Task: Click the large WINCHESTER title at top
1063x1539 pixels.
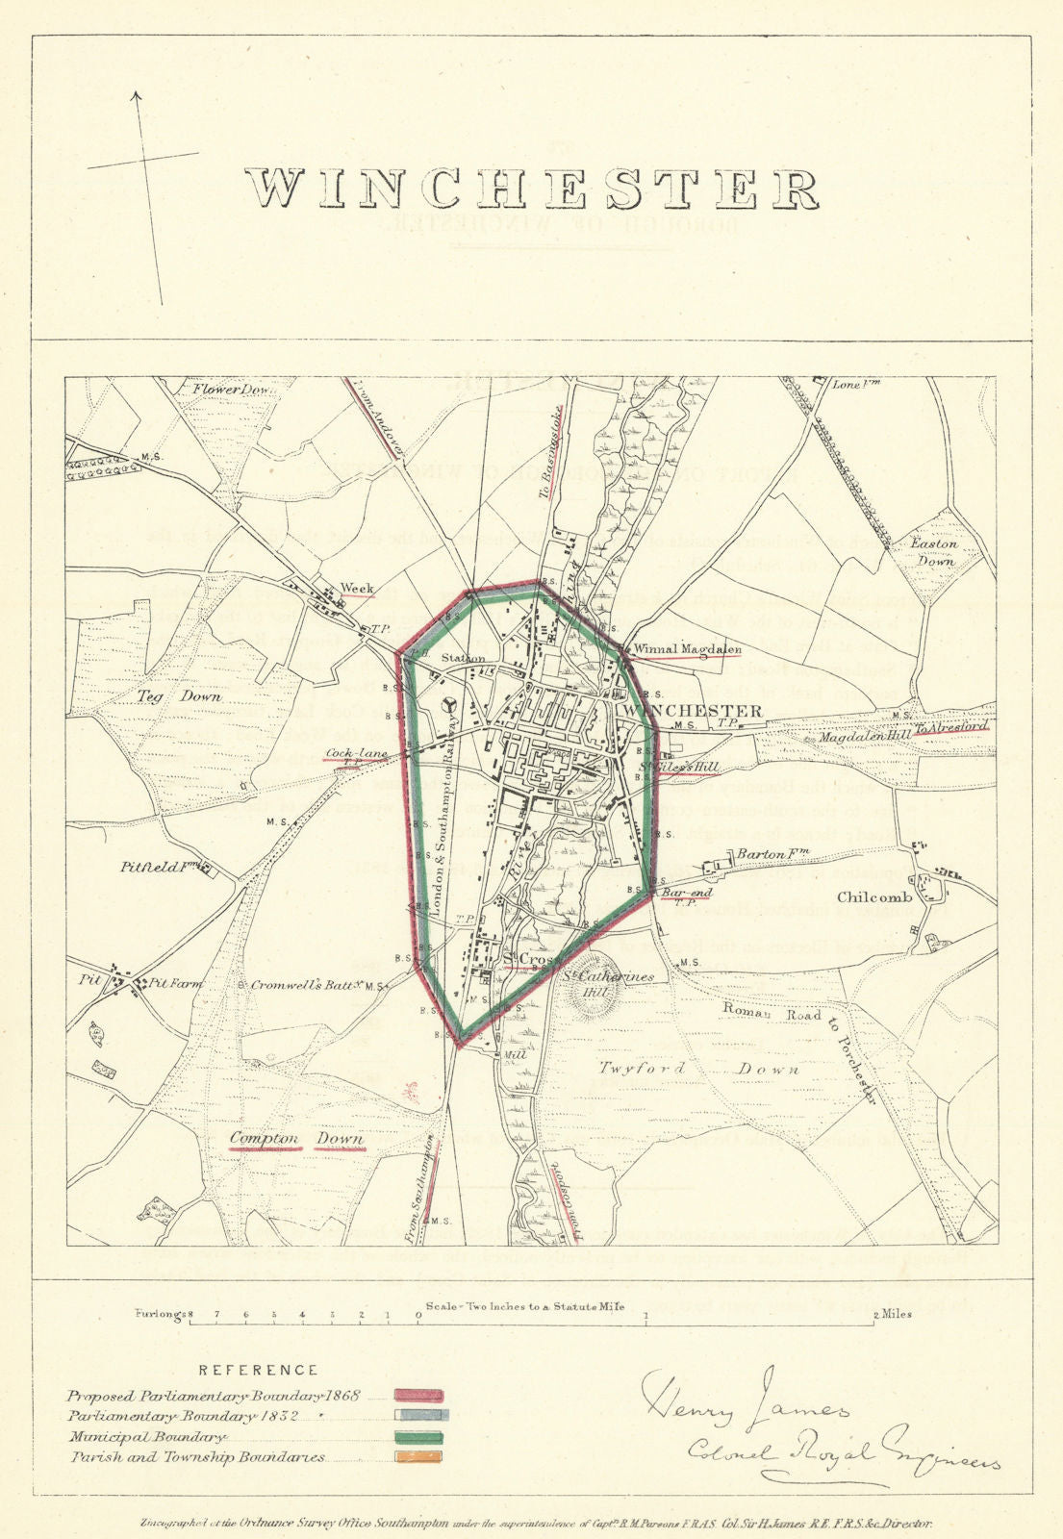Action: pos(531,189)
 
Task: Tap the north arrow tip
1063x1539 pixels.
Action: pos(136,93)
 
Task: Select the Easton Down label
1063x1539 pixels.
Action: pos(934,552)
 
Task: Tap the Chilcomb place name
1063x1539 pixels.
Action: pos(873,896)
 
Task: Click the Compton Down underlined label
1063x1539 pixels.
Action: pos(298,1139)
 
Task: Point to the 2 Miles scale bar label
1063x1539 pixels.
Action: pos(893,1314)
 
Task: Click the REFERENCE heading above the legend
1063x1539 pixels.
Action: pos(258,1370)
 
